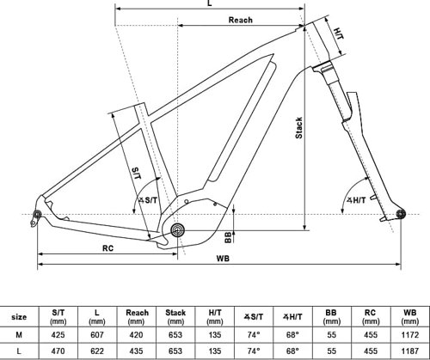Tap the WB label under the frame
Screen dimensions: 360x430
(x=223, y=258)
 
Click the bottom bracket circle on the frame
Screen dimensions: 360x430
(x=178, y=229)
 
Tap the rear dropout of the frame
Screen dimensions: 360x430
(x=38, y=214)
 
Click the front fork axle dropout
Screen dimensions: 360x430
(x=399, y=213)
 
